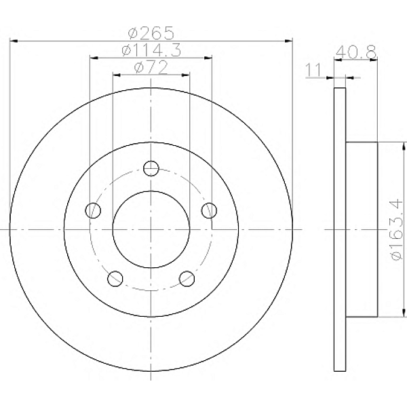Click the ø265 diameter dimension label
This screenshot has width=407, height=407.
[151, 32]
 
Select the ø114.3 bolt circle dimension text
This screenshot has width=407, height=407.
[151, 50]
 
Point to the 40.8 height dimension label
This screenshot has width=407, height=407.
[355, 51]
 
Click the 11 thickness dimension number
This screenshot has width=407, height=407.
[313, 70]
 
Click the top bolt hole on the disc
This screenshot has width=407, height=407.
[151, 168]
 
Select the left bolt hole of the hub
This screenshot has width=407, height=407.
[94, 210]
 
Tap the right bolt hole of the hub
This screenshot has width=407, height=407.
[209, 210]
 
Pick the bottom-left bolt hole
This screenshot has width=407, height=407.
[115, 277]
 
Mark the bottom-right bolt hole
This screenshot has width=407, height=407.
[187, 277]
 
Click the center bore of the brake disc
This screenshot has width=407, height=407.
[151, 229]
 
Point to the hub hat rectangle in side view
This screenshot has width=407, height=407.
[362, 229]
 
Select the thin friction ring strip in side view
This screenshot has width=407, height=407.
[341, 229]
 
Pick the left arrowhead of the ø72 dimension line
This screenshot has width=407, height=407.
[115, 75]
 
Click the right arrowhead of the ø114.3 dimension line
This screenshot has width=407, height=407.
[210, 58]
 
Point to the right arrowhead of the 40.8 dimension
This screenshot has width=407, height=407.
[374, 61]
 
